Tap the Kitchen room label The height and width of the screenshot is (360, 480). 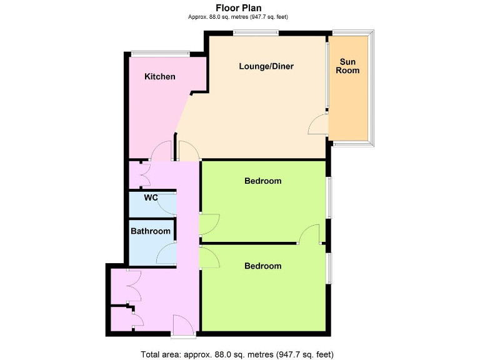(160, 77)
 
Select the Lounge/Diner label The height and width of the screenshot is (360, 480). (266, 66)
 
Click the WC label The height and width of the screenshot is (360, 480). (151, 198)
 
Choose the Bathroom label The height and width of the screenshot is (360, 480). (150, 231)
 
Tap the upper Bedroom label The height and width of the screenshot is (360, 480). (262, 181)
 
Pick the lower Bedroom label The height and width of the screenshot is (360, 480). (262, 266)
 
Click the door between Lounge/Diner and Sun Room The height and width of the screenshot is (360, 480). (318, 124)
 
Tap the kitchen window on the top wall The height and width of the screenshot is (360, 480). (160, 54)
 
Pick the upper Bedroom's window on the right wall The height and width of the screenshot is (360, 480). (329, 198)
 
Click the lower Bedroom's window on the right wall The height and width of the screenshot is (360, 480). (329, 267)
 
